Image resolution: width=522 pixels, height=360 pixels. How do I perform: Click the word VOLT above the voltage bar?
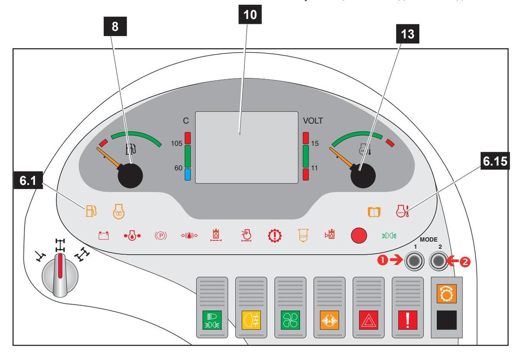coord(313,121)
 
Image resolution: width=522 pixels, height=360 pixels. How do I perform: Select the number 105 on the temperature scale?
coord(176,143)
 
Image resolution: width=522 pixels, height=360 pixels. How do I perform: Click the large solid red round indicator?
coord(359,236)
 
